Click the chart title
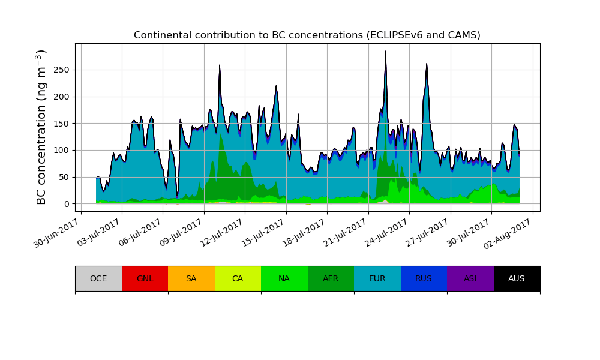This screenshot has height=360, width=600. pyautogui.click(x=307, y=35)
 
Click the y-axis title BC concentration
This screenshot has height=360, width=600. pyautogui.click(x=41, y=127)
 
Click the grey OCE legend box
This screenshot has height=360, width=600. pyautogui.click(x=98, y=278)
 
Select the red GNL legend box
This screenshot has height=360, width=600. pyautogui.click(x=145, y=278)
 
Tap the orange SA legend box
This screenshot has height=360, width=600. pyautogui.click(x=191, y=278)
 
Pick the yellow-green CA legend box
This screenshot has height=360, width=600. pyautogui.click(x=238, y=278)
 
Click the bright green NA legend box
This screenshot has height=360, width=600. pyautogui.click(x=284, y=278)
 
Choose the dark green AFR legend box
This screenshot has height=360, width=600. pyautogui.click(x=331, y=278)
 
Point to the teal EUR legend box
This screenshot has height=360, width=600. pyautogui.click(x=377, y=278)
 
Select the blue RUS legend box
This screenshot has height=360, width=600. pyautogui.click(x=424, y=278)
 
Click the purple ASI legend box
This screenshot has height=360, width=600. pyautogui.click(x=470, y=278)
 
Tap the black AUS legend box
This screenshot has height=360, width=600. pyautogui.click(x=517, y=278)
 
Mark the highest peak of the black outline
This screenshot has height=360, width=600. pyautogui.click(x=385, y=52)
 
